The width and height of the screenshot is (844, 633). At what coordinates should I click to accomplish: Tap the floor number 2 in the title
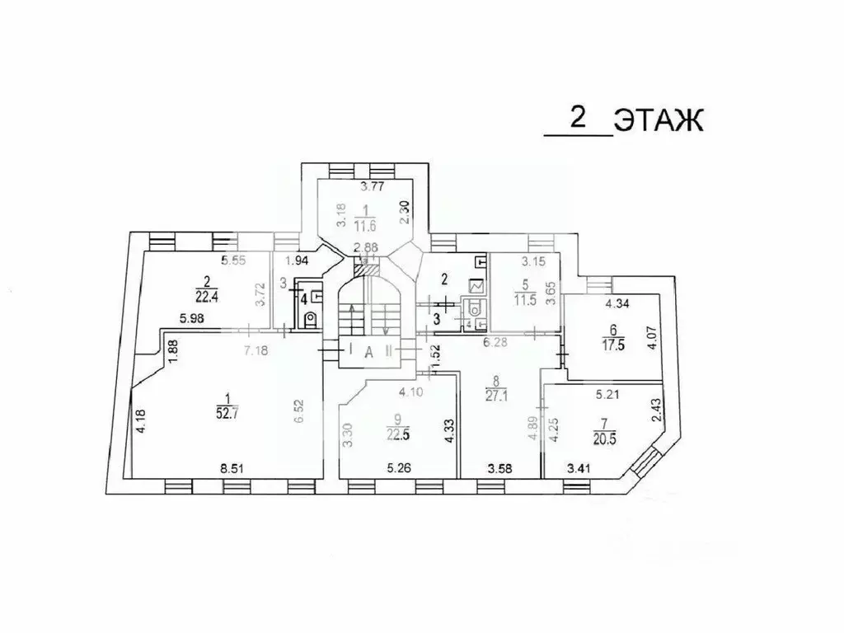578,118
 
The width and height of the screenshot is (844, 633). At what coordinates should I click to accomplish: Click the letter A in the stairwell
369,351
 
